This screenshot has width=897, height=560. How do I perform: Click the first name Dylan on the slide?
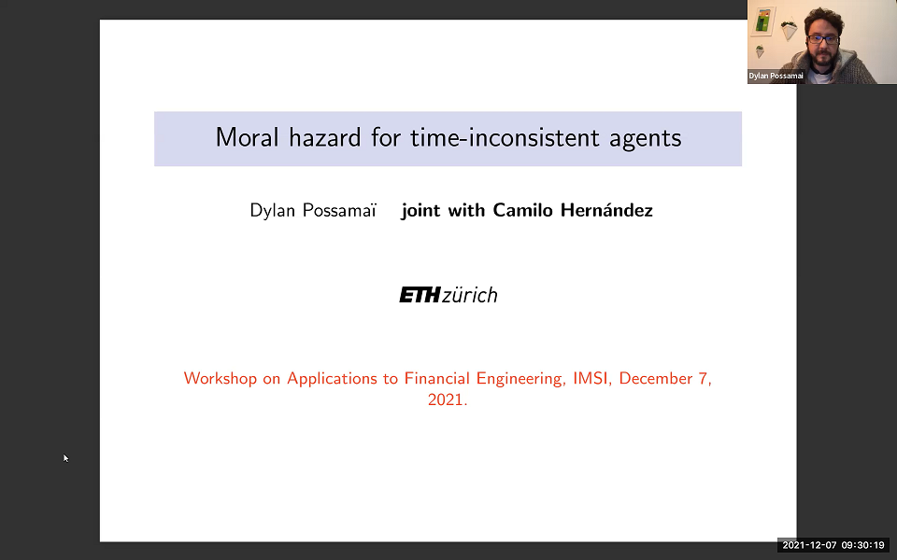coord(272,211)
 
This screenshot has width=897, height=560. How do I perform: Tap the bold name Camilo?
coord(516,210)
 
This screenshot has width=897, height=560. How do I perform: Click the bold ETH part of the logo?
coord(419,296)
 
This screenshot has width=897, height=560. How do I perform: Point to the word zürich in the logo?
coord(469,296)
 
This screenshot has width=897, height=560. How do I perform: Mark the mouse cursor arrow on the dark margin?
coord(65,457)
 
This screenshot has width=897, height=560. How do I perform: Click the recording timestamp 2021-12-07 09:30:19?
coord(834,545)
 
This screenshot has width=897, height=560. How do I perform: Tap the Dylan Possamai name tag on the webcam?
coord(776,76)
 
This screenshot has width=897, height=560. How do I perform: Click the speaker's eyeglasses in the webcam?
coord(821,40)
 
